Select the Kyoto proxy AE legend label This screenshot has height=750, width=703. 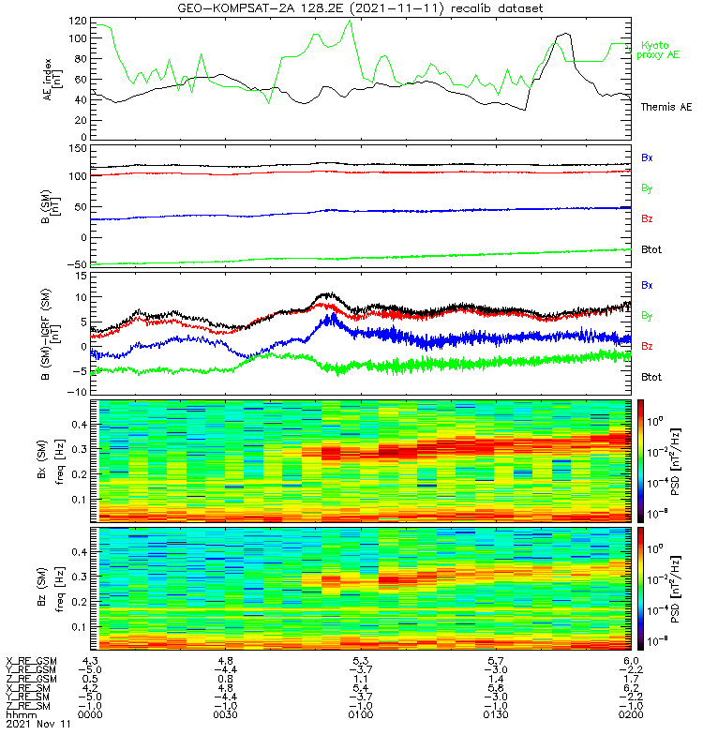(x=658, y=51)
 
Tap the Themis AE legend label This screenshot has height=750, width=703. (x=666, y=107)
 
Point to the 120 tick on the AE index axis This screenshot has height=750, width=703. (x=78, y=21)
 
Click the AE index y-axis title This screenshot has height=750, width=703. (x=52, y=80)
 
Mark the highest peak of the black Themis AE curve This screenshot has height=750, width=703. (x=566, y=34)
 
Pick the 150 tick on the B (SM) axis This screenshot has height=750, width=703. (x=78, y=149)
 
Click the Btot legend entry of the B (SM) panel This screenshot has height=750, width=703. (x=651, y=249)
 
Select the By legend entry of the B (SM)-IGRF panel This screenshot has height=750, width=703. (x=647, y=316)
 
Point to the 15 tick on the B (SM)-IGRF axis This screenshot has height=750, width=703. (x=82, y=277)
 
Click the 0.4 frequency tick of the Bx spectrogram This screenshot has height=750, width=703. (x=80, y=425)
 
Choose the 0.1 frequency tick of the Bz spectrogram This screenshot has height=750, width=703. (x=80, y=626)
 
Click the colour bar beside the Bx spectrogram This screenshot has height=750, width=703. (x=640, y=460)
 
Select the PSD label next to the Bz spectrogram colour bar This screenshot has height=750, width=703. (x=675, y=589)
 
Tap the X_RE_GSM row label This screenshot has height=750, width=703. (x=31, y=662)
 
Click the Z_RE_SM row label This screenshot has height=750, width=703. (x=28, y=706)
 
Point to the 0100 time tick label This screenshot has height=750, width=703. (x=361, y=715)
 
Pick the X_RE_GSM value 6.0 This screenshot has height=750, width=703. (x=631, y=661)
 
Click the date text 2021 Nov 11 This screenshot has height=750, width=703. (x=37, y=724)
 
